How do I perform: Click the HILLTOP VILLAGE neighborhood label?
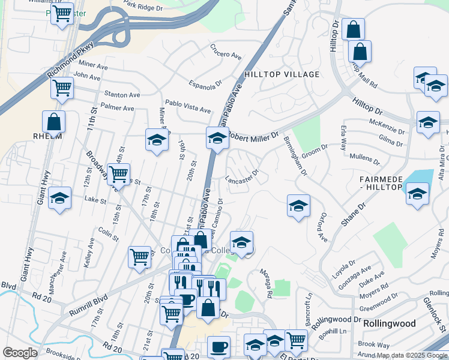[x=282, y=74]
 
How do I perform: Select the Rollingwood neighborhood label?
[x=390, y=323]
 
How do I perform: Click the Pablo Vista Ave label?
[x=188, y=106]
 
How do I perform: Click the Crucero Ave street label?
[x=226, y=52]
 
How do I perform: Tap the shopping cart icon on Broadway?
[x=119, y=175]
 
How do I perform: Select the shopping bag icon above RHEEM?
[x=53, y=121]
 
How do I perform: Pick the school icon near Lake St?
[x=59, y=198]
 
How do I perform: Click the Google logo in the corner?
[x=20, y=353]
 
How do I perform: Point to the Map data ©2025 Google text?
[x=411, y=355]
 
